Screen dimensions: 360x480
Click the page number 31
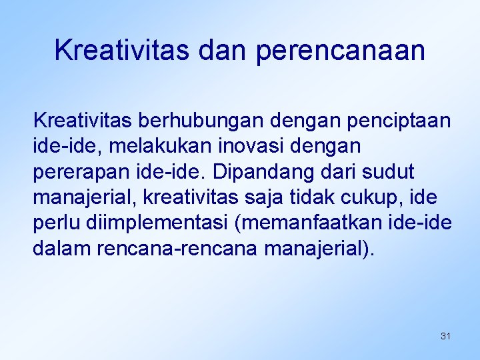tap(445, 336)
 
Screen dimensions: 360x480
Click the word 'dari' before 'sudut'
tap(344, 171)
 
